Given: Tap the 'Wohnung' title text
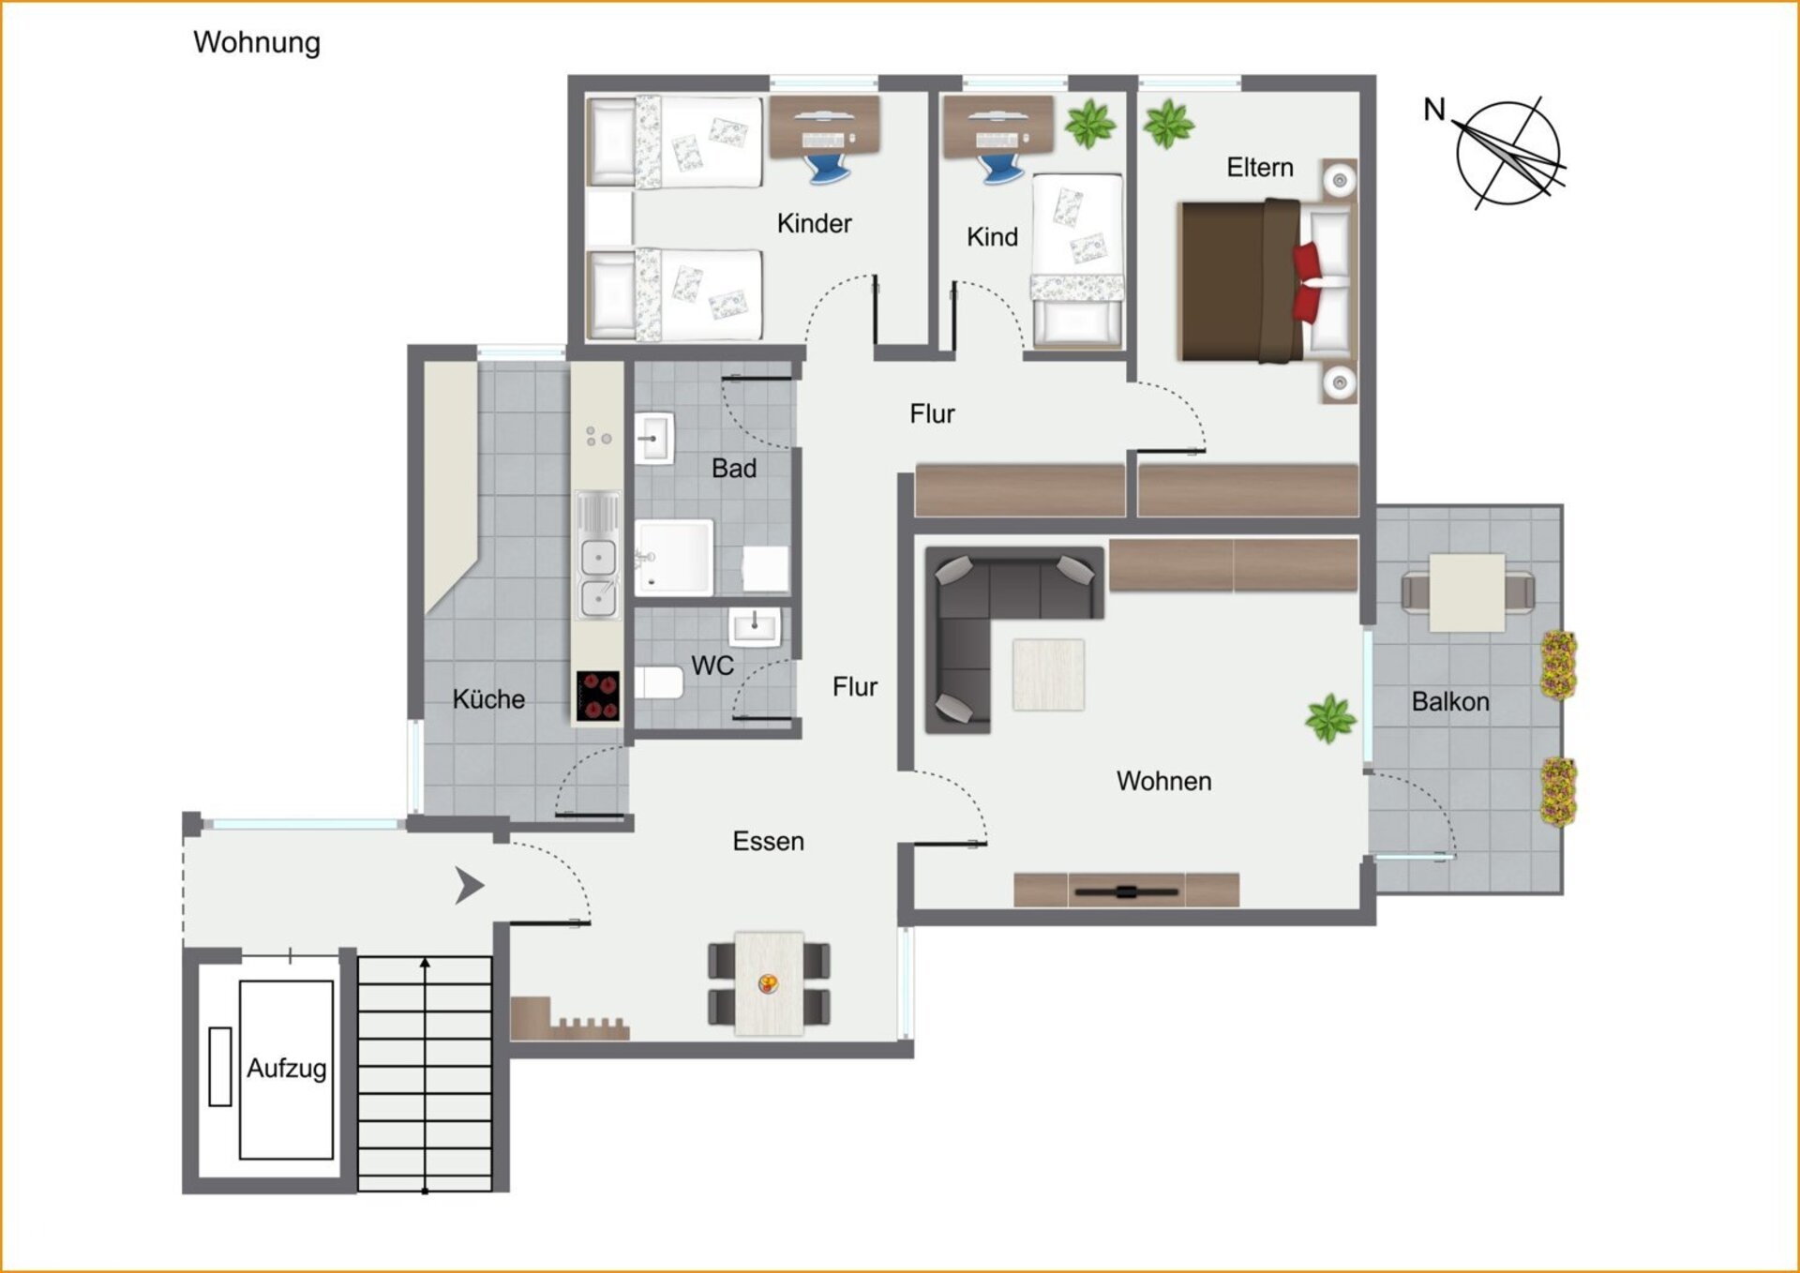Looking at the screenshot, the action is [257, 43].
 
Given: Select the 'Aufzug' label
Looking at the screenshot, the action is [287, 1069].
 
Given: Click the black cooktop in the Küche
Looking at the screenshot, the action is [598, 696].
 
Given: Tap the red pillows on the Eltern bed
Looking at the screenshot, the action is [1308, 280].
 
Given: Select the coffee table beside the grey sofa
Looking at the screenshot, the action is [1048, 675].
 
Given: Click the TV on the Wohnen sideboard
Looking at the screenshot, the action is [1126, 891].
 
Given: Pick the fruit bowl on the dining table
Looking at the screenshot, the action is [768, 983].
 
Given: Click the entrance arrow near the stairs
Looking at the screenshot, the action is [469, 886].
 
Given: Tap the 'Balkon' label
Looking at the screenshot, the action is [1450, 702].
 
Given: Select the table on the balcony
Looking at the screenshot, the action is [1467, 592].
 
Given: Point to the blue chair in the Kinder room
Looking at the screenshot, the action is [829, 169].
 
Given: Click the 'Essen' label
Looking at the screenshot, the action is [769, 842].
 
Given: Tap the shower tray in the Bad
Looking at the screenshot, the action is [674, 558].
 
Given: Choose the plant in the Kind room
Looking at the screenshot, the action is [1090, 124].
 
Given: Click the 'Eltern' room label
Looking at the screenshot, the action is [1260, 168].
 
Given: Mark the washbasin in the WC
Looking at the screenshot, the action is [755, 626].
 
